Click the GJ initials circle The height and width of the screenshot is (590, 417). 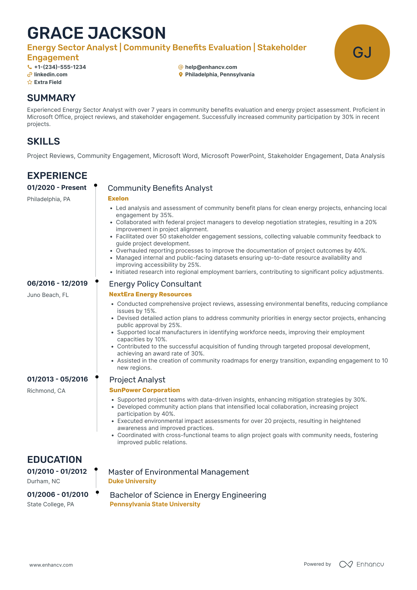[x=362, y=52]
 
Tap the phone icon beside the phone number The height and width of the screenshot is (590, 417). [x=30, y=67]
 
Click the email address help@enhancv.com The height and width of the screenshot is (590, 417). [x=211, y=67]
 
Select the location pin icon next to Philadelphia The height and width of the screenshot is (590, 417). [x=181, y=75]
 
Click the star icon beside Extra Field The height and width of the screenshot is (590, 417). [x=30, y=82]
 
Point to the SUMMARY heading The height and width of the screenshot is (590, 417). [x=51, y=98]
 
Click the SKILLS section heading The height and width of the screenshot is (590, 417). [x=43, y=141]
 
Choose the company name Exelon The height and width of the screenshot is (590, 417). [x=118, y=198]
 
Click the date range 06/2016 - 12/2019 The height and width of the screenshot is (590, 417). [x=57, y=283]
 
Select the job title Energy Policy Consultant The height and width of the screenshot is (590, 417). [x=155, y=284]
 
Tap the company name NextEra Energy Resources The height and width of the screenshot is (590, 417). [x=150, y=294]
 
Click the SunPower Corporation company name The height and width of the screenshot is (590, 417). [x=144, y=390]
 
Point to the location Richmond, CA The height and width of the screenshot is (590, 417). [x=46, y=391]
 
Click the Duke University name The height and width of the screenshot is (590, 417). [x=132, y=481]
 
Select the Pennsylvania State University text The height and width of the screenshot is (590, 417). [x=155, y=504]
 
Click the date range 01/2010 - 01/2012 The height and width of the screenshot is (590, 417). [x=57, y=471]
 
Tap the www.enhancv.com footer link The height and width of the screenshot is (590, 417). [x=51, y=565]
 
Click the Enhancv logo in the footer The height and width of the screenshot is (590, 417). [x=361, y=564]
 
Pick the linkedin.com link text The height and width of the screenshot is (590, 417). [x=51, y=75]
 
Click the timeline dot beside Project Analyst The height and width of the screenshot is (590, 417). [x=97, y=377]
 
